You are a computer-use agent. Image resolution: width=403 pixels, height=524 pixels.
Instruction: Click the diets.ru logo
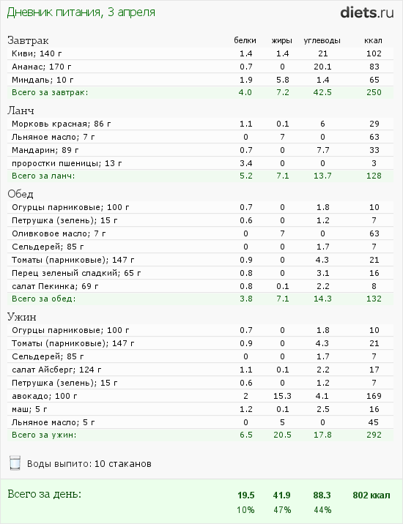click(x=367, y=12)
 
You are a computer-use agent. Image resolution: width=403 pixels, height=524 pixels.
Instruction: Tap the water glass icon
click(x=15, y=463)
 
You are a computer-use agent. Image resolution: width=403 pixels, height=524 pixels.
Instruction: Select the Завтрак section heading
click(x=28, y=40)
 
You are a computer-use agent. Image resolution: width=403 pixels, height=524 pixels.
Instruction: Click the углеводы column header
click(x=322, y=41)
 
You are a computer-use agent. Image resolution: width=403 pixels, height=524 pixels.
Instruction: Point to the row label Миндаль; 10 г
click(x=42, y=80)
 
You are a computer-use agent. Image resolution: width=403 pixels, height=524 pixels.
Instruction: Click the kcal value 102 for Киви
click(x=374, y=53)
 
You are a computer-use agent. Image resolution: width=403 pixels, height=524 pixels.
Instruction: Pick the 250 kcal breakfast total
click(x=374, y=92)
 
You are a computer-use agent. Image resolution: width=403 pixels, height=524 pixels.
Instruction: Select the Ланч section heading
click(x=21, y=111)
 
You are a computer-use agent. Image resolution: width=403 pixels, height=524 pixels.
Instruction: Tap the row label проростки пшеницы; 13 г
click(x=67, y=163)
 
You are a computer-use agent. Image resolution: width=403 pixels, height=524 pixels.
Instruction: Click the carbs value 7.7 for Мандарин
click(x=322, y=150)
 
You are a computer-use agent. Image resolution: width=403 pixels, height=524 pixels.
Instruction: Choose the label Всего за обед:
click(x=44, y=299)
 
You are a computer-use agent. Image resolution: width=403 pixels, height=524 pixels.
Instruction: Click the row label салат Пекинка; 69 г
click(x=55, y=286)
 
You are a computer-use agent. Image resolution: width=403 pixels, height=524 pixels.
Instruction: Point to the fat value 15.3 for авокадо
click(x=282, y=396)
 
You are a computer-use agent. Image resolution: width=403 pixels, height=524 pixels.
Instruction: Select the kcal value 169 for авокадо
click(x=374, y=396)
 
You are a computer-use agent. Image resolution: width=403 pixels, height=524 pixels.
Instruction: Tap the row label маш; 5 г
click(x=29, y=409)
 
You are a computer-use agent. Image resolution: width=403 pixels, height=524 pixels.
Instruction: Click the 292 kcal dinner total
click(x=374, y=435)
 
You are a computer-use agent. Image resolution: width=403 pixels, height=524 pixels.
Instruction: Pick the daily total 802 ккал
click(x=371, y=495)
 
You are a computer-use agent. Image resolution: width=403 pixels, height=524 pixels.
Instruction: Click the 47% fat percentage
click(x=282, y=510)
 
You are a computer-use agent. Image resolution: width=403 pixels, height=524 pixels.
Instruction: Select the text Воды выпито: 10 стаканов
click(x=89, y=464)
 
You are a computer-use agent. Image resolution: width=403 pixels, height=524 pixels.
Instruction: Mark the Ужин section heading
click(x=22, y=317)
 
